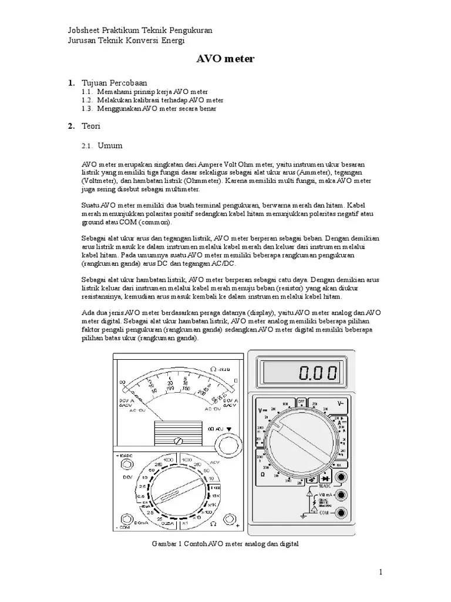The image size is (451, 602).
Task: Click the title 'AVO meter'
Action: click(224, 59)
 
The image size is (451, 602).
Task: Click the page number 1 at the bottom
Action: click(381, 572)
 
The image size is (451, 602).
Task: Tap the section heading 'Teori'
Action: click(91, 126)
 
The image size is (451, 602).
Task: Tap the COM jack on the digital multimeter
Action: click(338, 513)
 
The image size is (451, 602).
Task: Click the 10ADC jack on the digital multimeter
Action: click(338, 477)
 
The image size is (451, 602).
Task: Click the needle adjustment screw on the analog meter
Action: click(177, 440)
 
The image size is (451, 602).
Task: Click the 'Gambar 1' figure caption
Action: click(225, 544)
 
